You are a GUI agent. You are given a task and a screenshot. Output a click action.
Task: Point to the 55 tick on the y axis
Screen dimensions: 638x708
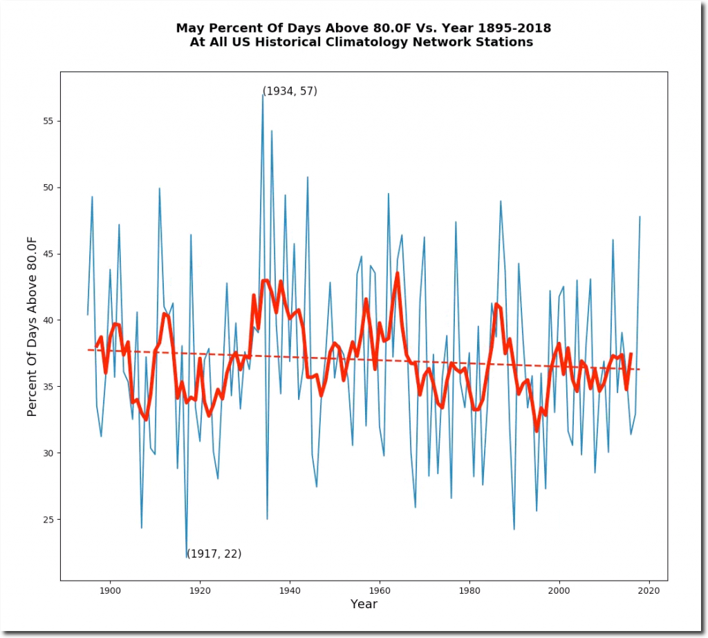point(61,121)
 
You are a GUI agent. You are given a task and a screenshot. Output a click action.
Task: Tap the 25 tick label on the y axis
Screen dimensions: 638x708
point(50,520)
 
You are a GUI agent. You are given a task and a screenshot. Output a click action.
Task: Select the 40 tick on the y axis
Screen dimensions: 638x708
point(61,320)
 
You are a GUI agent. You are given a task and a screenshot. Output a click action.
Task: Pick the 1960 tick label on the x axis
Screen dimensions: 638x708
point(380,590)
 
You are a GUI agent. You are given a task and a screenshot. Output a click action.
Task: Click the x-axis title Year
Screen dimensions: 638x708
point(364,604)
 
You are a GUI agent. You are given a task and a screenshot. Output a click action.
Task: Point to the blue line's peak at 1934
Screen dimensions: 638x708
point(263,93)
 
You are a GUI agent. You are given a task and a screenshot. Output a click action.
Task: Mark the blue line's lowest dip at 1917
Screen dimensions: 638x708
point(187,557)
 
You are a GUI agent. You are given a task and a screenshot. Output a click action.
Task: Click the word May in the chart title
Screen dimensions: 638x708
point(189,28)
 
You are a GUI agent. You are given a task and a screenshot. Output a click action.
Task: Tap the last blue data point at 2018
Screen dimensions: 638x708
point(640,217)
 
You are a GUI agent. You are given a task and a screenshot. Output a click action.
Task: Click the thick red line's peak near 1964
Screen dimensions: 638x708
point(397,273)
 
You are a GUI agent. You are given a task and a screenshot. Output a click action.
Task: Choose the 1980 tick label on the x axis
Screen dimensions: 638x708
point(469,590)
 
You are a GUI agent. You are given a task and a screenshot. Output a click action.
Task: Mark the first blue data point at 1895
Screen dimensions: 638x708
point(88,315)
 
